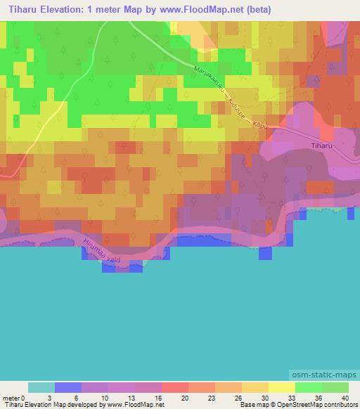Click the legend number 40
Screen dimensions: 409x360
tap(345, 398)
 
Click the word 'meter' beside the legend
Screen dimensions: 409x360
tap(12, 398)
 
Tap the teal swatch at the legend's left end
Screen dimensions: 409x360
tap(41, 387)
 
